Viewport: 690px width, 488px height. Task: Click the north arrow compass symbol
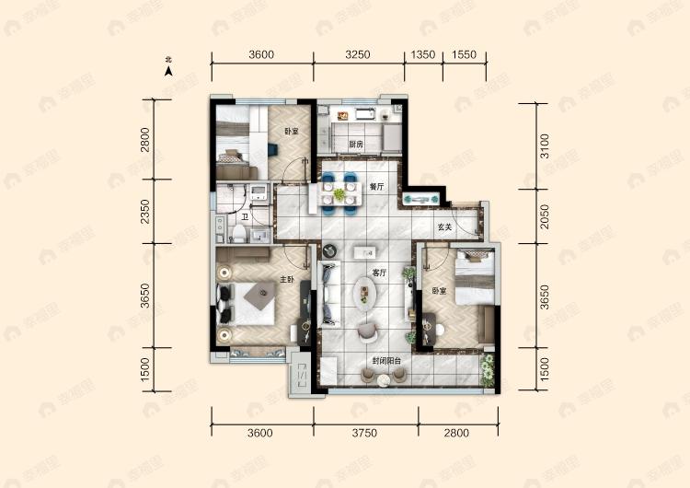168,65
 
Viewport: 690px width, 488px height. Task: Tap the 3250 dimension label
357,54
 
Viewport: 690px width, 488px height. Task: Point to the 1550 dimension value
465,54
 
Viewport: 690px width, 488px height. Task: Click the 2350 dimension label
145,214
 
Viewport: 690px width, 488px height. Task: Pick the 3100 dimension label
545,145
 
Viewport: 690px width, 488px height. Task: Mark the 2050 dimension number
545,215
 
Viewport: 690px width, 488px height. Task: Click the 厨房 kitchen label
356,145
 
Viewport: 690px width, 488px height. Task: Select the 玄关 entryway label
443,227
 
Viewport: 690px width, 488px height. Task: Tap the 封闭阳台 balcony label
385,361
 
